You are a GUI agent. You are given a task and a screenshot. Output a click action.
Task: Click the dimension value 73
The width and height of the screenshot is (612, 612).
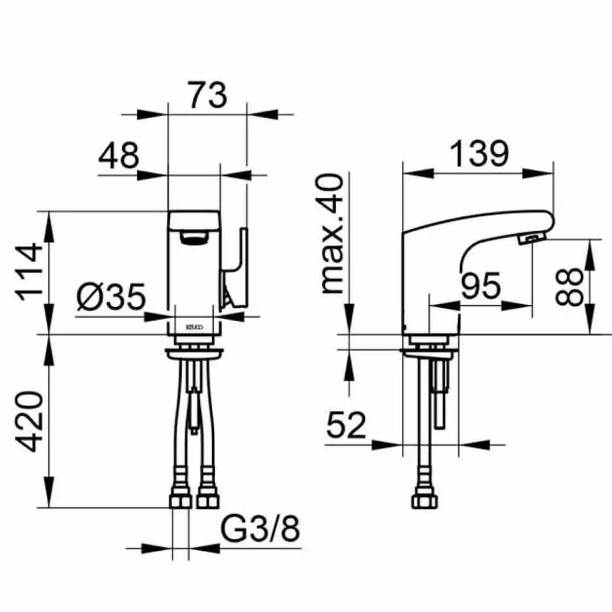tap(207, 96)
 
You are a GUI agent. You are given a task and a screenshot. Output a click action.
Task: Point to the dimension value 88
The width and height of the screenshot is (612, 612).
tap(569, 286)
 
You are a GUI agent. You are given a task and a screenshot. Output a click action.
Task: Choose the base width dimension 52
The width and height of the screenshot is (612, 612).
tap(346, 427)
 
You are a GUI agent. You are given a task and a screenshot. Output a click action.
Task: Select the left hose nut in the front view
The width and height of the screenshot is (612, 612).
tap(179, 498)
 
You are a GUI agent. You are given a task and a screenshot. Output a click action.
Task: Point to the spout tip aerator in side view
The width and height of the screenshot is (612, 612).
tap(531, 239)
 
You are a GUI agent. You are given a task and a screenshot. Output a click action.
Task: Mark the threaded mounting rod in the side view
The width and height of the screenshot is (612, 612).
tap(440, 396)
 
